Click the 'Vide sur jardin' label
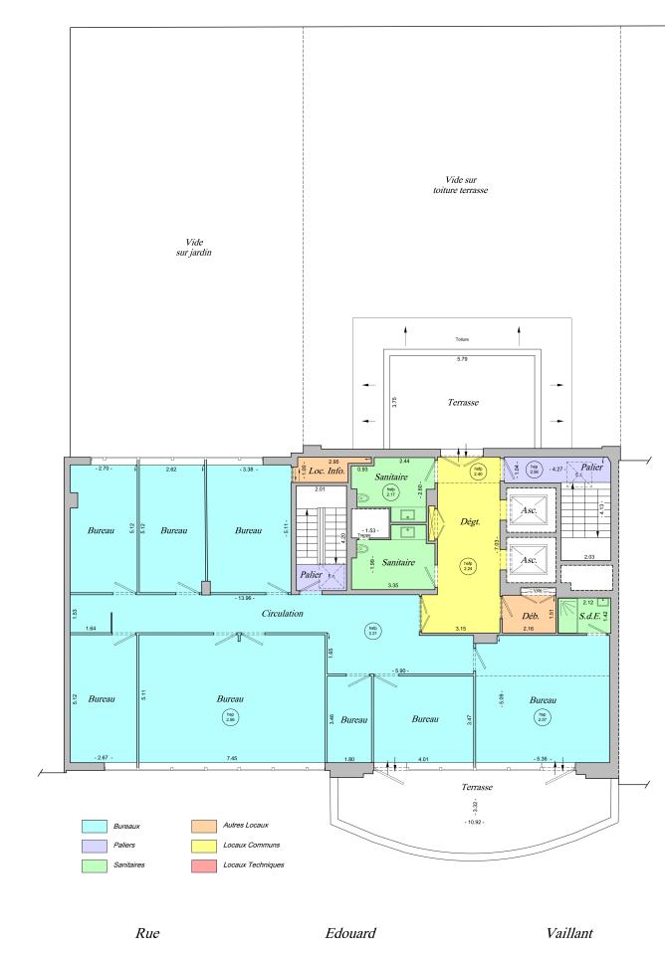coord(187,247)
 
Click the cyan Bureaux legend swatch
coord(95,826)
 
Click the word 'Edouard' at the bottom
coord(350,933)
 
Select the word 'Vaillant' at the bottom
coord(571,933)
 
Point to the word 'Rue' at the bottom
coord(147,933)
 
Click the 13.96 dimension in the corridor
coord(243,598)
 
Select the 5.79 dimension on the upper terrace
coord(461,358)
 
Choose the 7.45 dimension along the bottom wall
coord(231,759)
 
